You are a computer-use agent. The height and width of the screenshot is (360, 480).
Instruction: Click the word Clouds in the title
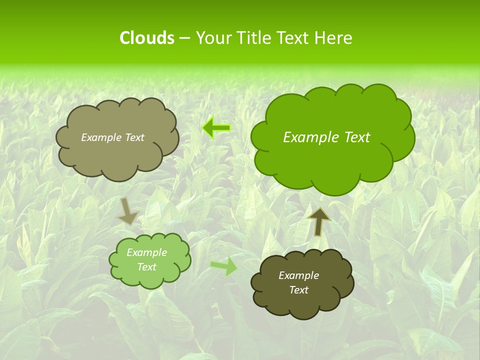146,38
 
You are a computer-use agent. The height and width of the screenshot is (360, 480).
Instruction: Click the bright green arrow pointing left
216,128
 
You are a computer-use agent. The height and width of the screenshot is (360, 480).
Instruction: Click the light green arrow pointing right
224,266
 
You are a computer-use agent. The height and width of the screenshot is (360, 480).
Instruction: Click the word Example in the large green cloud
309,137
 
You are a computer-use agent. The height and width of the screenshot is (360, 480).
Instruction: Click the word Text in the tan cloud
135,137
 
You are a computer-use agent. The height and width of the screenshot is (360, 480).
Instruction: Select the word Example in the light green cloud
146,252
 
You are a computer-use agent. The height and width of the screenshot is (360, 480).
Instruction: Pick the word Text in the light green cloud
146,267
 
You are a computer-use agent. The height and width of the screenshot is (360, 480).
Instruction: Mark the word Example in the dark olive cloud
298,275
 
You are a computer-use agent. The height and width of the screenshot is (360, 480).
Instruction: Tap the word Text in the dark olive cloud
298,290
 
